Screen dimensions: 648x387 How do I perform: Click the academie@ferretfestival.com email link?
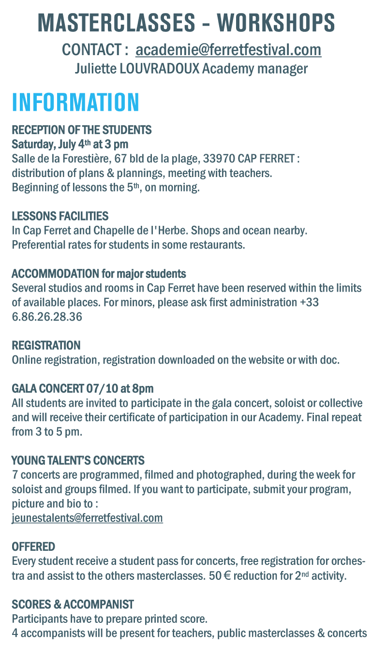point(228,50)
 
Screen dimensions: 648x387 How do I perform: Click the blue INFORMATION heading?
point(76,103)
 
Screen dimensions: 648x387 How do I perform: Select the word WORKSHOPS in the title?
point(276,23)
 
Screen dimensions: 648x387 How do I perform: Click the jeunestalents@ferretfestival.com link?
point(87,518)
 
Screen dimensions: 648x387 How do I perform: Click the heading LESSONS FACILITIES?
point(60,216)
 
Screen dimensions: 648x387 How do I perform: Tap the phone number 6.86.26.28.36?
point(47,317)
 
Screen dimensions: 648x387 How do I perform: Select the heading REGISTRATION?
point(46,345)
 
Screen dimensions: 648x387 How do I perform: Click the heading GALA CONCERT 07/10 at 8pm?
point(82,388)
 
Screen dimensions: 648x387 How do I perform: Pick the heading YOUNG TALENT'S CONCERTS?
point(78,460)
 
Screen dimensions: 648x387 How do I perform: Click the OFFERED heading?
point(33,546)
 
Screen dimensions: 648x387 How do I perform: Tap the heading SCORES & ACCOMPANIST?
point(73,604)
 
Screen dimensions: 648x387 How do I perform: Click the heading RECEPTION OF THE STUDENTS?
point(81,130)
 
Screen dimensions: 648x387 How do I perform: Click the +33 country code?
point(309,303)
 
